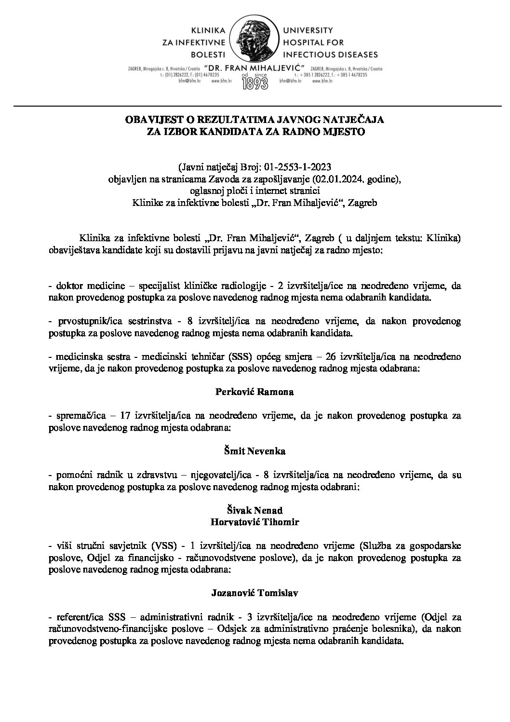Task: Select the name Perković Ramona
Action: tap(254, 392)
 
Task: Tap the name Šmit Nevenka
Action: tap(254, 451)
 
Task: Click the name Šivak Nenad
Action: tap(254, 511)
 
